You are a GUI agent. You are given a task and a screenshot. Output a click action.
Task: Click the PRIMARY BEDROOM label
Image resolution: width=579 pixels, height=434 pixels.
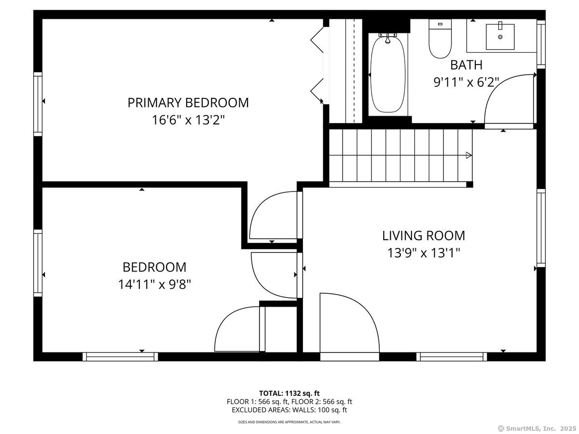pos(188,103)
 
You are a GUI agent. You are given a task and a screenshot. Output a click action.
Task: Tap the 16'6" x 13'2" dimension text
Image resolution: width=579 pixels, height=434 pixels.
pos(188,120)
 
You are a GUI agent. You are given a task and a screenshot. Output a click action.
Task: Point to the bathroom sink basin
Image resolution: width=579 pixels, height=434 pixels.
pos(500,36)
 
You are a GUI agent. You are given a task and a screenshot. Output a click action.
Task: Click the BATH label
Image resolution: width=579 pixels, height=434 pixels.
pos(466,65)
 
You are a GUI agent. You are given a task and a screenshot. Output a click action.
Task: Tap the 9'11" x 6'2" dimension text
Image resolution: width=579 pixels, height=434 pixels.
pos(466,82)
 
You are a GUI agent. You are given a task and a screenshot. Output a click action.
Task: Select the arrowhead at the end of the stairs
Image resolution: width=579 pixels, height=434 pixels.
pos(469,155)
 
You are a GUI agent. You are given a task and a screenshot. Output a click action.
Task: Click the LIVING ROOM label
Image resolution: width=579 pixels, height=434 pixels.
pos(424,236)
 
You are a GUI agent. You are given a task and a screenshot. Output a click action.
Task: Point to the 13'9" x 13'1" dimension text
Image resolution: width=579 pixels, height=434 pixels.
pos(424,253)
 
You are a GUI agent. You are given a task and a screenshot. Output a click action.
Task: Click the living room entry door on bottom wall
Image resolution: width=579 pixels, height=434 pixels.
pos(349,325)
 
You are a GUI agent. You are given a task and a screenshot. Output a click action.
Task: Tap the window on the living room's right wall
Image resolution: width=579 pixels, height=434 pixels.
pos(541,228)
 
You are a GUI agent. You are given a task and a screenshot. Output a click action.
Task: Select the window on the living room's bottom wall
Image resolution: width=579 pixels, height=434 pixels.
pos(452,357)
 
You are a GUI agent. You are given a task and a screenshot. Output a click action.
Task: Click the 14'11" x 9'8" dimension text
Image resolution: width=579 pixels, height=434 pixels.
pos(154,285)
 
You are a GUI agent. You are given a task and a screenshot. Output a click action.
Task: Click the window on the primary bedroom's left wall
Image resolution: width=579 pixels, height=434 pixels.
pos(38,104)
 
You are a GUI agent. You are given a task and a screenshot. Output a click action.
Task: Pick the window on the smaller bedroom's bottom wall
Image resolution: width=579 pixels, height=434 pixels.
pos(120,357)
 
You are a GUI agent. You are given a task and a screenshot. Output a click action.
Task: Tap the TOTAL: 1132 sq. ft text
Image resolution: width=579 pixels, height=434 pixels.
pos(289,393)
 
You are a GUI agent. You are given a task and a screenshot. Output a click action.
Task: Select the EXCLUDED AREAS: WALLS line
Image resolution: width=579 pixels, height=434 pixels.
pos(289,410)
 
